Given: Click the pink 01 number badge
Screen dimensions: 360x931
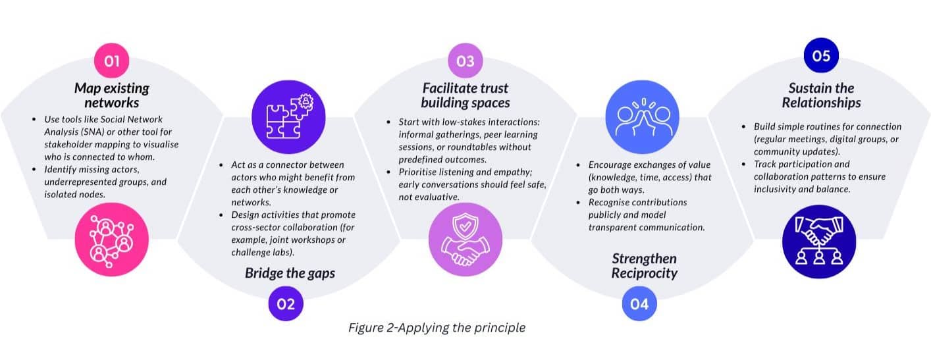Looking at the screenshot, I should (x=111, y=61).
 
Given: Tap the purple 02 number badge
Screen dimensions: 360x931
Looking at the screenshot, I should (x=285, y=304).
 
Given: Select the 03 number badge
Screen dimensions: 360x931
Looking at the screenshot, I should (x=465, y=61).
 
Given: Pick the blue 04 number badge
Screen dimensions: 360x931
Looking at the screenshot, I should (x=639, y=304).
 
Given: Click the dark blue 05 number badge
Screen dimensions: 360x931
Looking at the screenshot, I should (x=821, y=56).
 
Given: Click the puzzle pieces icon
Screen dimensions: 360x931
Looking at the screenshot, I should (x=285, y=117).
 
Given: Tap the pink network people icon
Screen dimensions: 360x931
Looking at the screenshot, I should (x=112, y=240).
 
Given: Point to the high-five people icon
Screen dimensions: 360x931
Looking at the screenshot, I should (x=639, y=117).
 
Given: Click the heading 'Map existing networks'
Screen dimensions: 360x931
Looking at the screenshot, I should (x=111, y=95).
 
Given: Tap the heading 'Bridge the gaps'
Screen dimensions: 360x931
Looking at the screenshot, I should (x=290, y=272).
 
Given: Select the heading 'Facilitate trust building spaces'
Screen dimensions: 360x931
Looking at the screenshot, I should (x=465, y=95).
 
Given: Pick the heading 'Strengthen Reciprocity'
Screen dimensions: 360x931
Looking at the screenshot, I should (x=644, y=266).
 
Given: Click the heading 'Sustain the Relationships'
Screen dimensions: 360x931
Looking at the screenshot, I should (x=821, y=95).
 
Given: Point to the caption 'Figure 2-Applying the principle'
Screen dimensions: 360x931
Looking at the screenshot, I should (x=437, y=327).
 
